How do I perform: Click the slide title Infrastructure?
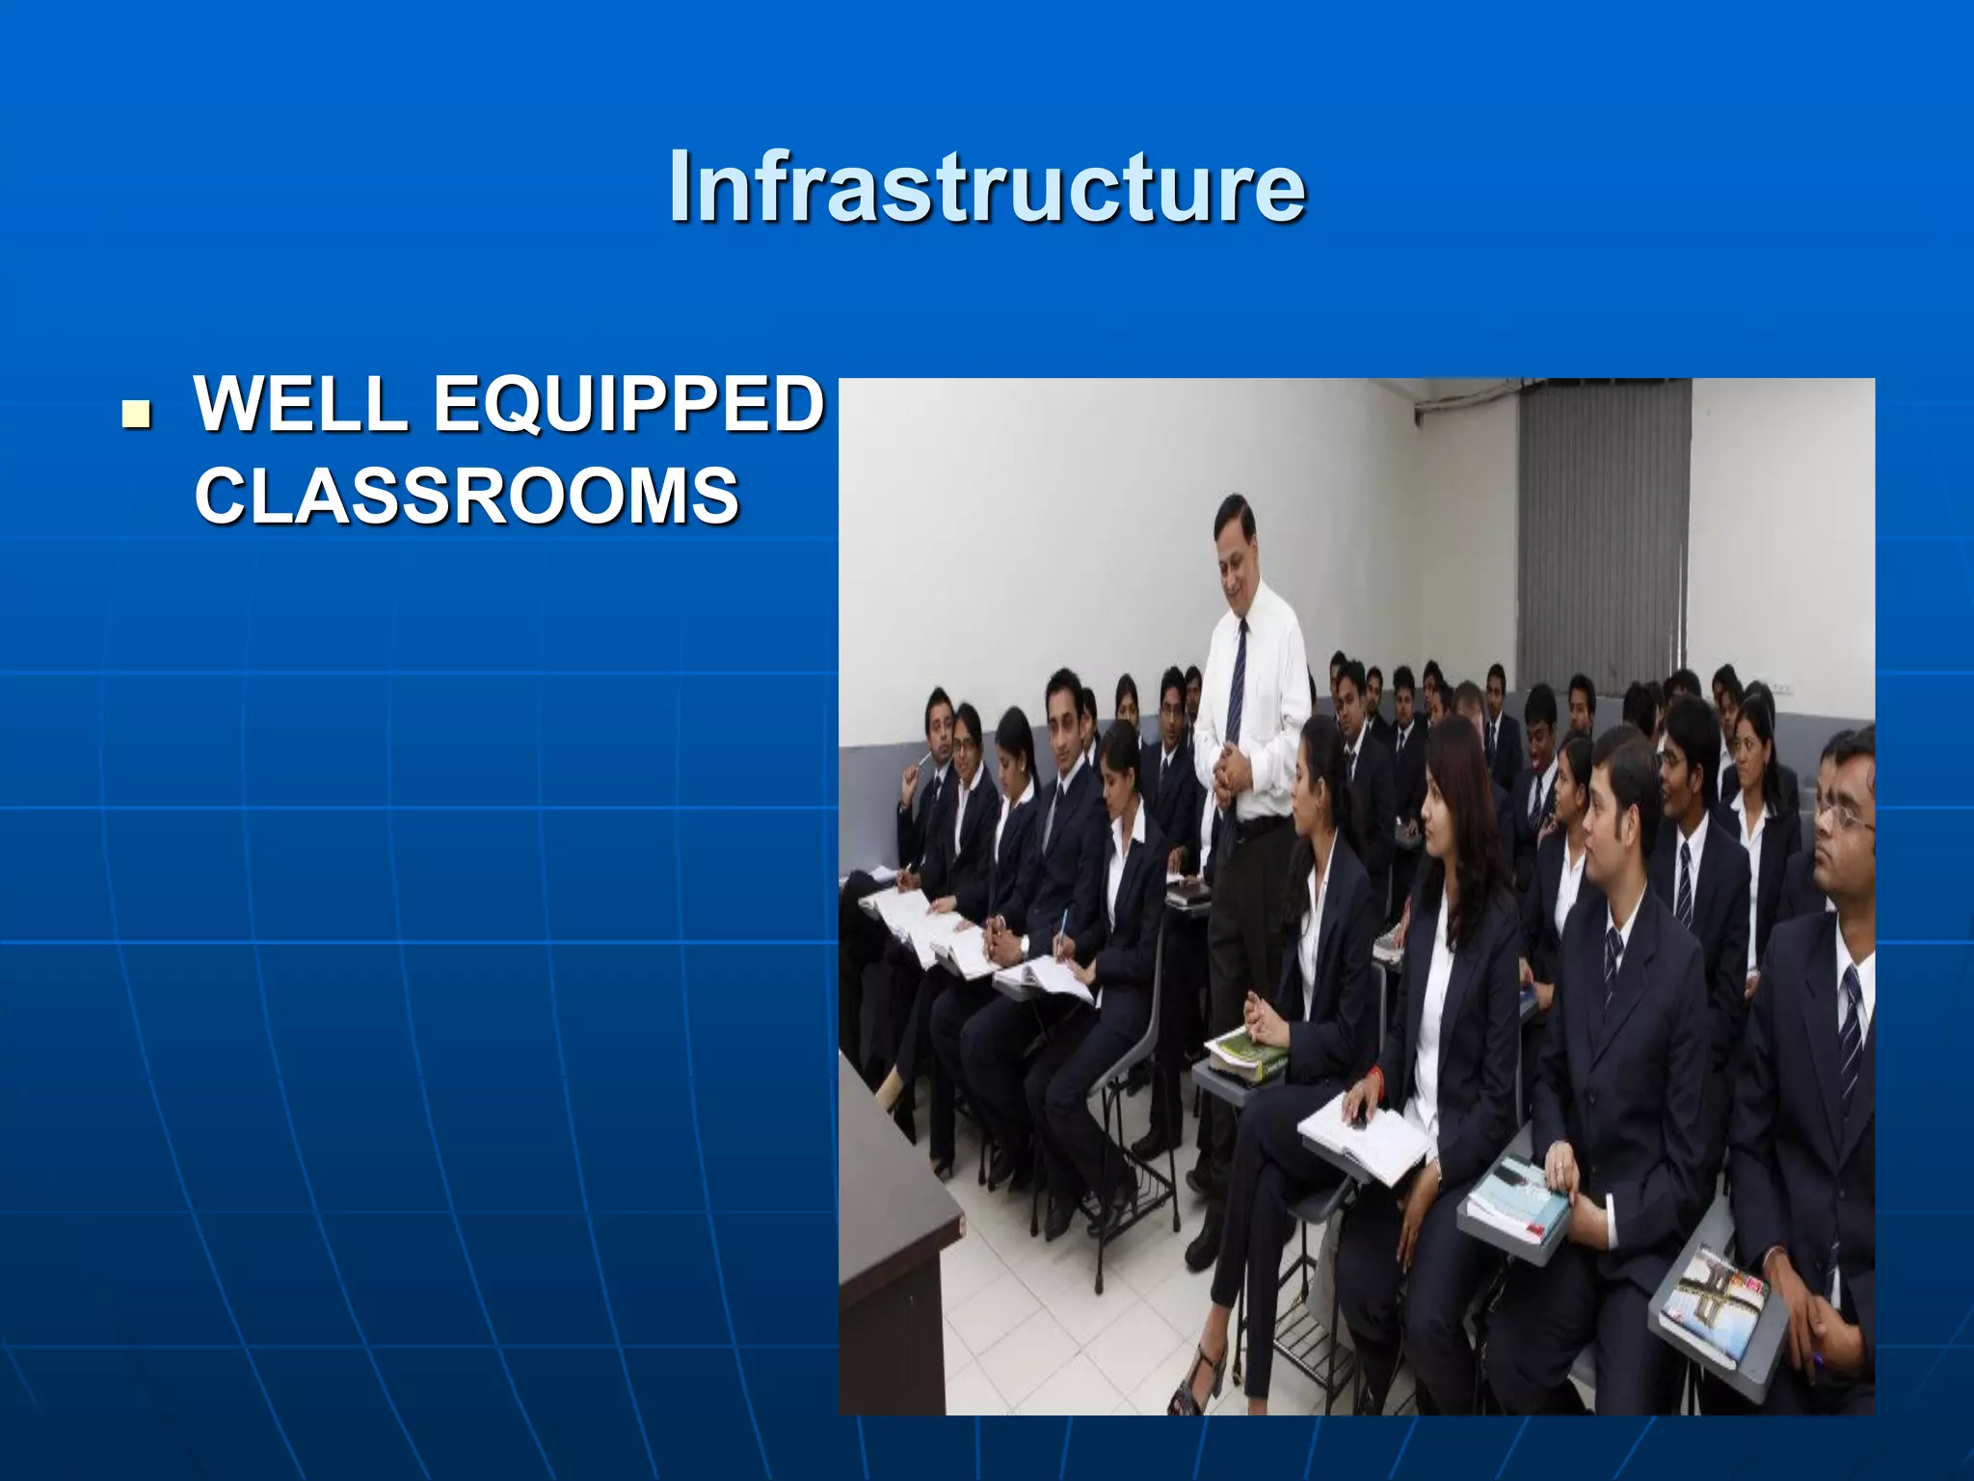click(987, 186)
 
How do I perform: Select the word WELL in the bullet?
click(301, 405)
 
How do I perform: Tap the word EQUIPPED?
click(628, 405)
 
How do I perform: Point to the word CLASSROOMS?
click(467, 496)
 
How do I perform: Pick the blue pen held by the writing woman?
click(1062, 929)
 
